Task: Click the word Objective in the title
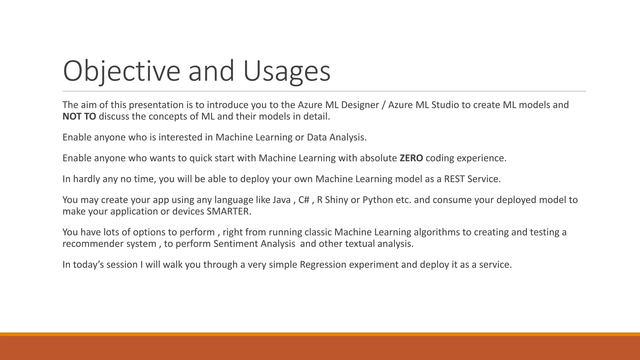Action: coord(121,71)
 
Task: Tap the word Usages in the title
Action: coord(286,71)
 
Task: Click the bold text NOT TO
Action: coord(79,117)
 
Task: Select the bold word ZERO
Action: coord(411,158)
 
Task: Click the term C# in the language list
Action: coord(304,200)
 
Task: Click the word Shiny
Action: coord(336,200)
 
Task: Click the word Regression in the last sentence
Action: coord(323,265)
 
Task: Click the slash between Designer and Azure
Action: coord(383,105)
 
